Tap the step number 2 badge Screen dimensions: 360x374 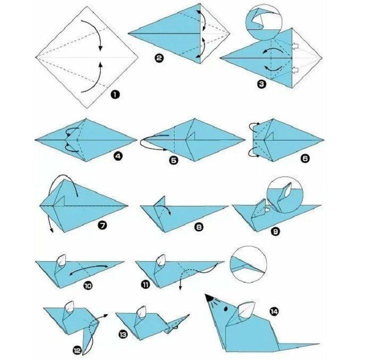point(159,58)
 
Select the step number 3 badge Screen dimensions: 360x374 point(261,84)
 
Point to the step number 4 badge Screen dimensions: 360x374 point(118,156)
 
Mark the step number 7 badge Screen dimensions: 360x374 point(102,225)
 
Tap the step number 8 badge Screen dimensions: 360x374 point(199,227)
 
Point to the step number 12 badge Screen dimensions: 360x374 point(77,351)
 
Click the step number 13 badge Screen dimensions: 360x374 point(123,333)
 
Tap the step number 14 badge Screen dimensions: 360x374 point(273,312)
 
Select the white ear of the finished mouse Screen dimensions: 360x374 point(246,310)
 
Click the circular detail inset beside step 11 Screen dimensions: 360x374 point(248,264)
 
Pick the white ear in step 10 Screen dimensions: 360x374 point(62,260)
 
